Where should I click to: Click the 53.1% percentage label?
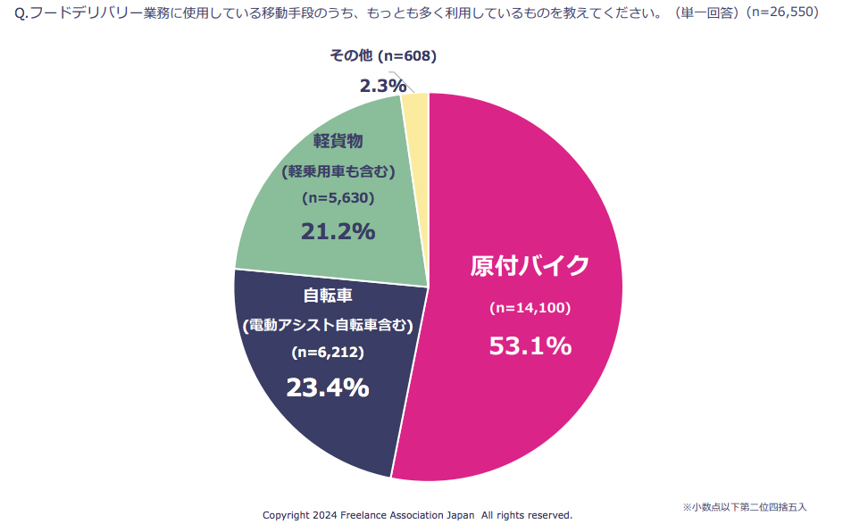(x=530, y=345)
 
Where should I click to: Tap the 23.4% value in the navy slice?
(x=327, y=387)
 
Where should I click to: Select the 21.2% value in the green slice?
(x=338, y=231)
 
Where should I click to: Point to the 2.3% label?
(x=383, y=86)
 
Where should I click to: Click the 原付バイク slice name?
(x=530, y=266)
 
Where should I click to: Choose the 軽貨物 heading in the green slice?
(x=338, y=141)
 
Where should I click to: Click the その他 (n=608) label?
(x=382, y=56)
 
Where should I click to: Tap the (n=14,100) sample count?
(x=530, y=308)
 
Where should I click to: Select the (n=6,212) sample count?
(x=328, y=353)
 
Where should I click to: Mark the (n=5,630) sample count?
(x=338, y=197)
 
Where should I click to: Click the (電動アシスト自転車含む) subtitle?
(x=328, y=325)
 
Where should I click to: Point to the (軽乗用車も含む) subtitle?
(x=338, y=171)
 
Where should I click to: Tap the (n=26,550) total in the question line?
(x=782, y=12)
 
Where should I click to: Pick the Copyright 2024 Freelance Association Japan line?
(x=417, y=515)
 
